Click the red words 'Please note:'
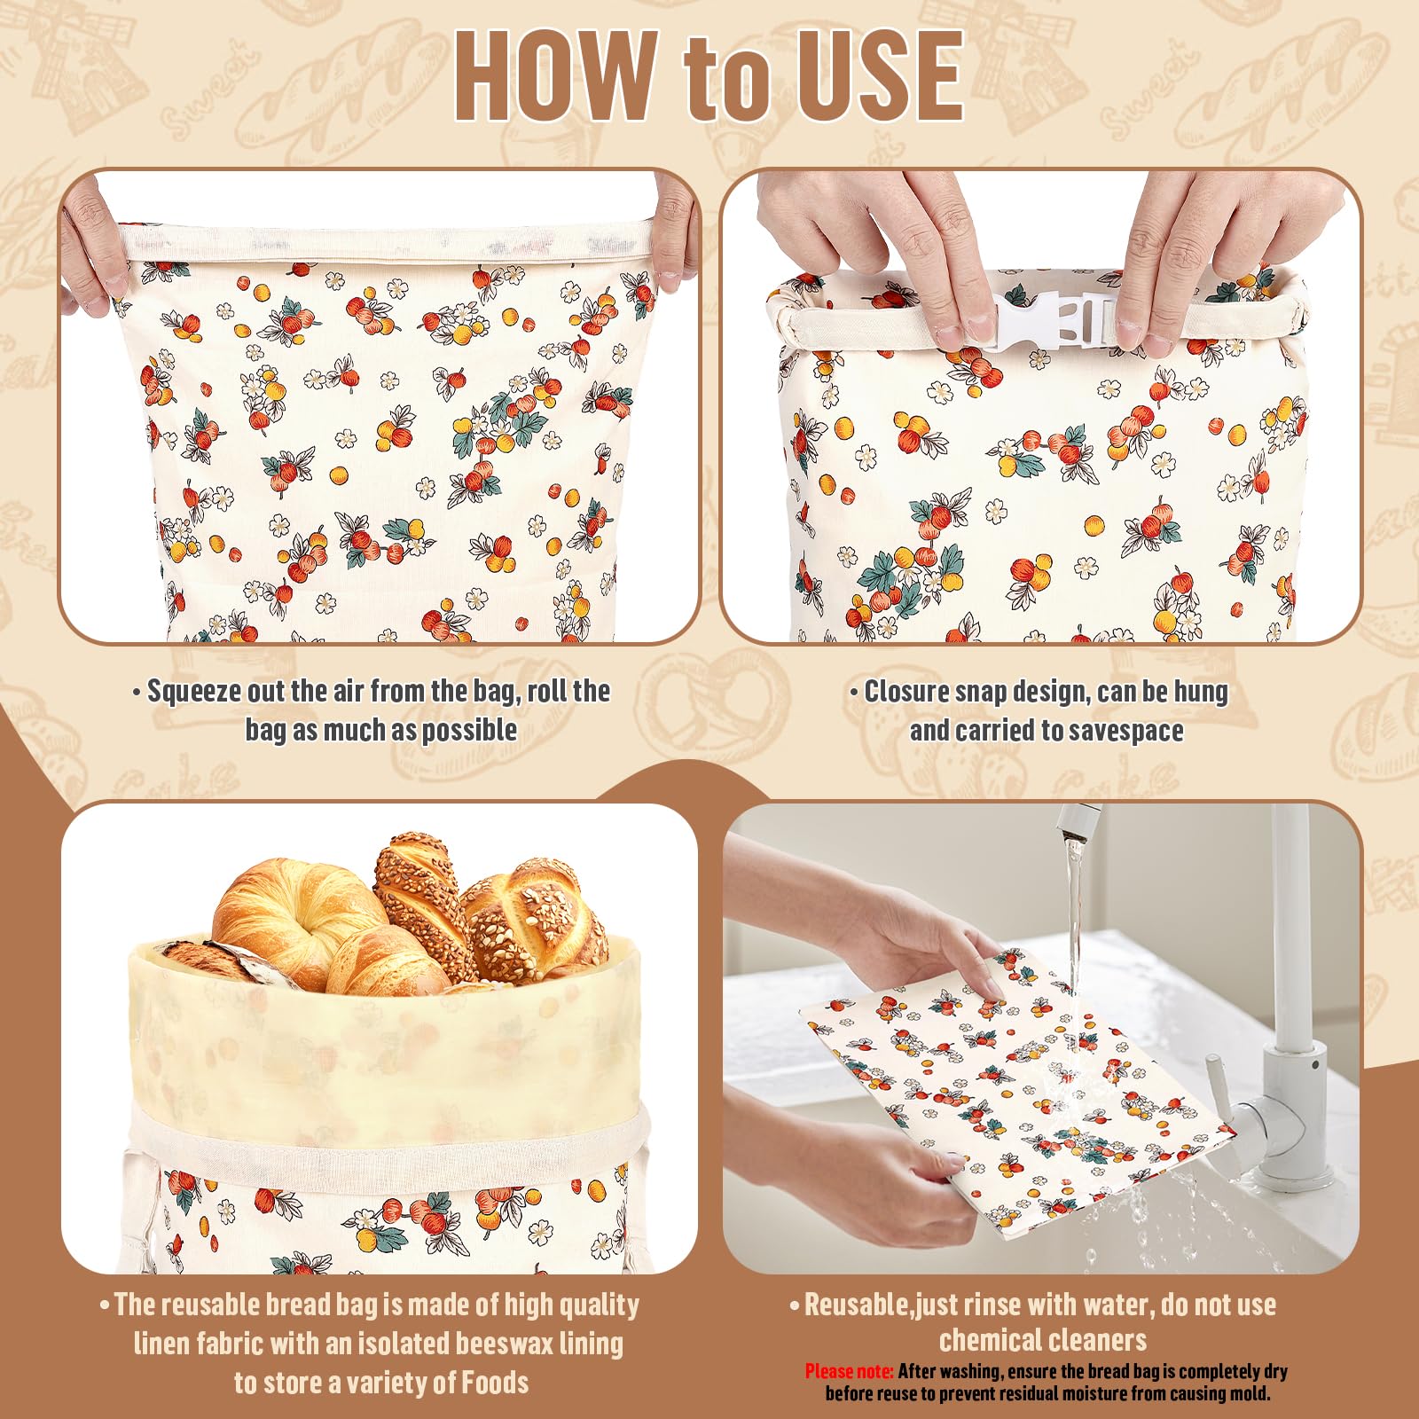[x=849, y=1372]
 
